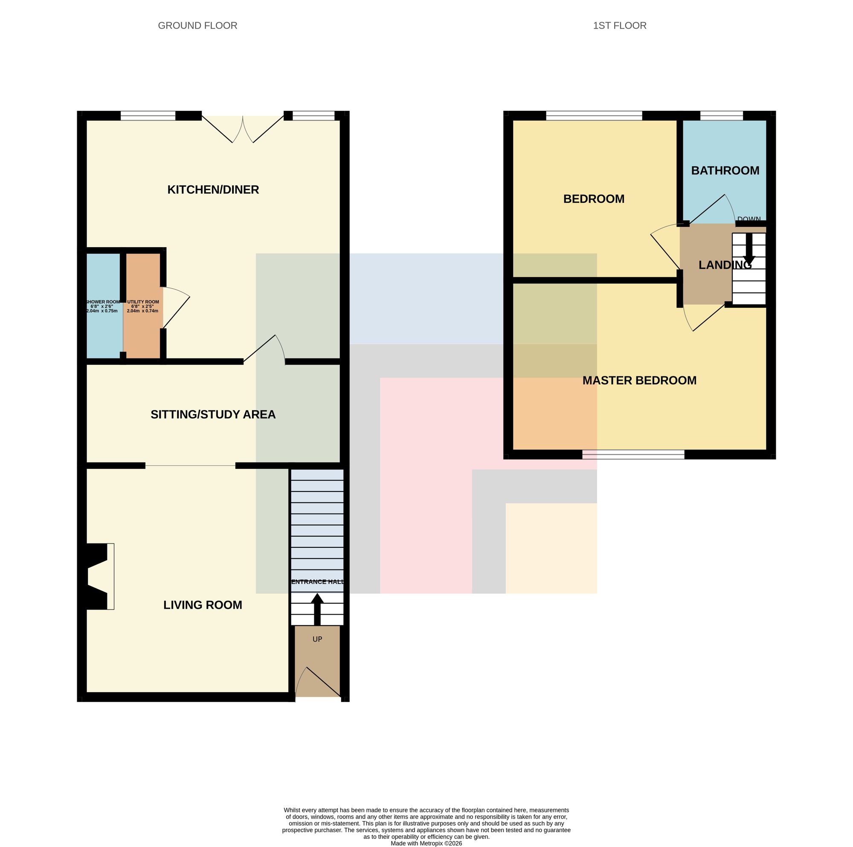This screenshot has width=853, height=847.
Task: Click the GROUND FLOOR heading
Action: (197, 26)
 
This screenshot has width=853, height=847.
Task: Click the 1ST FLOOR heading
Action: (619, 26)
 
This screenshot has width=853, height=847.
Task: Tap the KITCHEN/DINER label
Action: (213, 190)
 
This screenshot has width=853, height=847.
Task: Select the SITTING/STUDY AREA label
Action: (213, 414)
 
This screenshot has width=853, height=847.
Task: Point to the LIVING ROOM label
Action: (203, 605)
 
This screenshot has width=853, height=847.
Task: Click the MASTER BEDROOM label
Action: (639, 381)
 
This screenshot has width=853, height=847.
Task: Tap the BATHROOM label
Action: (725, 171)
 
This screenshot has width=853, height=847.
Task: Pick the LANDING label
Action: (725, 265)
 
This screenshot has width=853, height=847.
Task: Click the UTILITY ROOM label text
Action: (143, 302)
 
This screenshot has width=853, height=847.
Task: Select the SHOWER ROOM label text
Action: (102, 302)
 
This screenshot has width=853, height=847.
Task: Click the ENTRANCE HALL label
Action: (317, 582)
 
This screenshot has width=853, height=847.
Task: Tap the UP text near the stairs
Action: (317, 639)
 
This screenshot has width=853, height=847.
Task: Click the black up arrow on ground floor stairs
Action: (317, 609)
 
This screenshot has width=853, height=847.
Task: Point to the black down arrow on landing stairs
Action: (749, 249)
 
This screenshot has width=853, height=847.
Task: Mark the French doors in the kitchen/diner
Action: (242, 129)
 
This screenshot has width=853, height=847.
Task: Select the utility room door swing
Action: (176, 308)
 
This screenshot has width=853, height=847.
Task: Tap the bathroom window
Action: (722, 116)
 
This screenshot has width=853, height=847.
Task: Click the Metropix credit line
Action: (426, 844)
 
